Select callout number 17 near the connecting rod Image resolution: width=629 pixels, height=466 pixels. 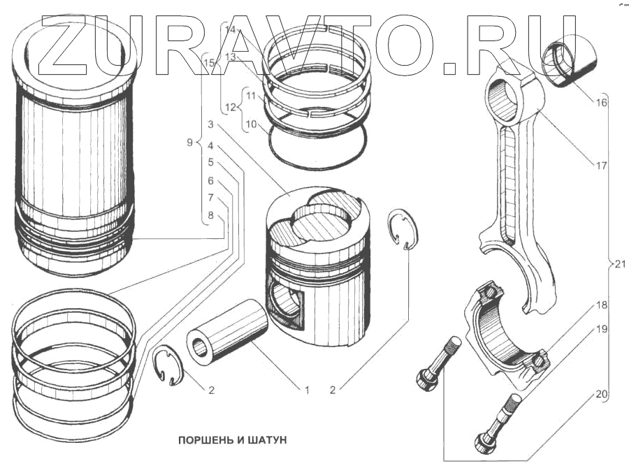pos(601,166)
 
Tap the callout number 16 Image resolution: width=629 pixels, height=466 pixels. pos(601,102)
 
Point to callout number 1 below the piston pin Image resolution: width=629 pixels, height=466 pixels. pos(306,390)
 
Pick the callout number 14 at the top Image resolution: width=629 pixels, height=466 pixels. pos(231,29)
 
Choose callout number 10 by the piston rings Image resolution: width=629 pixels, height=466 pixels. pos(251,126)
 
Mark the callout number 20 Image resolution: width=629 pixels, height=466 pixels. pos(601,395)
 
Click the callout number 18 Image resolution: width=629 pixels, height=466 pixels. pos(601,305)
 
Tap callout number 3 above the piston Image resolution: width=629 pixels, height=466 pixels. pos(210,124)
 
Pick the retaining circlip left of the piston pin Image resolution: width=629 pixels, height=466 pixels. pos(167,365)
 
